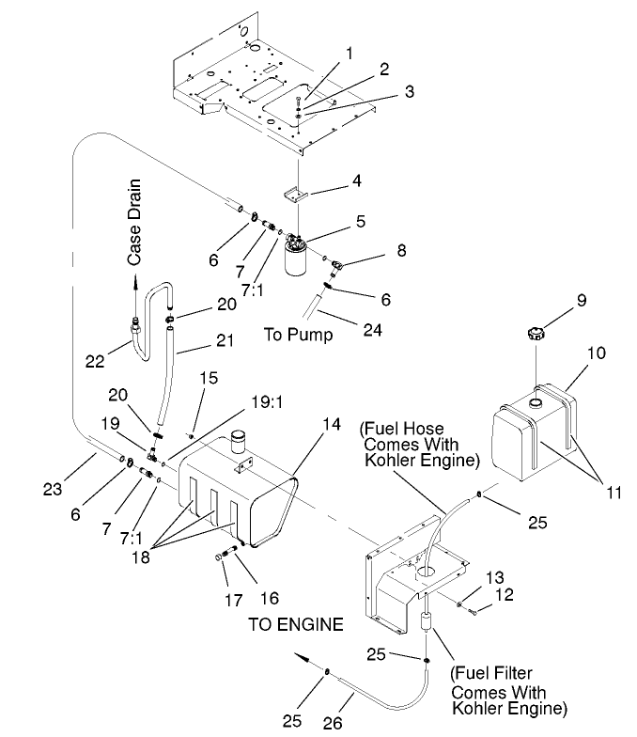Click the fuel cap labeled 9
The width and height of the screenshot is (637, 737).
coord(536,333)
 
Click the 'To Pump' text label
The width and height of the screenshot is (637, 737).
coord(298,335)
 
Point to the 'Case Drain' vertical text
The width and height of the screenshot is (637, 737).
coord(136,221)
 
